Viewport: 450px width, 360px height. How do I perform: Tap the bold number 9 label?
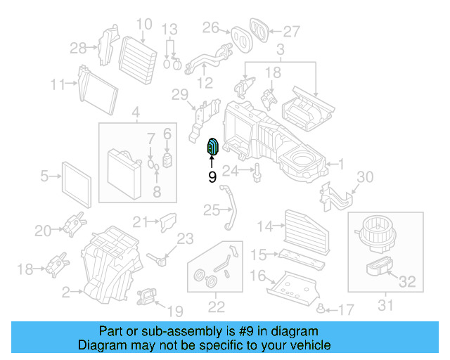point(212,177)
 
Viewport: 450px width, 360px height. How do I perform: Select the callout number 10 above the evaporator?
point(143,25)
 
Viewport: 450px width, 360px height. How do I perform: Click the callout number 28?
point(78,48)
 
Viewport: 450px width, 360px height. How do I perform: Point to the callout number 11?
point(58,85)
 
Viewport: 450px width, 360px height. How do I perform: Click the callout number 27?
point(291,31)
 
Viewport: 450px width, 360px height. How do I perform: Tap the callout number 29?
point(180,94)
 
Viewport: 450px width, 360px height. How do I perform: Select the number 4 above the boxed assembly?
point(136,110)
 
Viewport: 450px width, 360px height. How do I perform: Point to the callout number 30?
point(366,176)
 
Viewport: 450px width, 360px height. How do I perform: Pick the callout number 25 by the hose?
point(212,210)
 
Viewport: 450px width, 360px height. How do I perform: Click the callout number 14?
point(264,226)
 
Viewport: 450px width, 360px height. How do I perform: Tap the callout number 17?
point(345,309)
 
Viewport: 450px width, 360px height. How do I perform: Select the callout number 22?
point(216,306)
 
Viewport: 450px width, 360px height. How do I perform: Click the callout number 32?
point(408,283)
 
